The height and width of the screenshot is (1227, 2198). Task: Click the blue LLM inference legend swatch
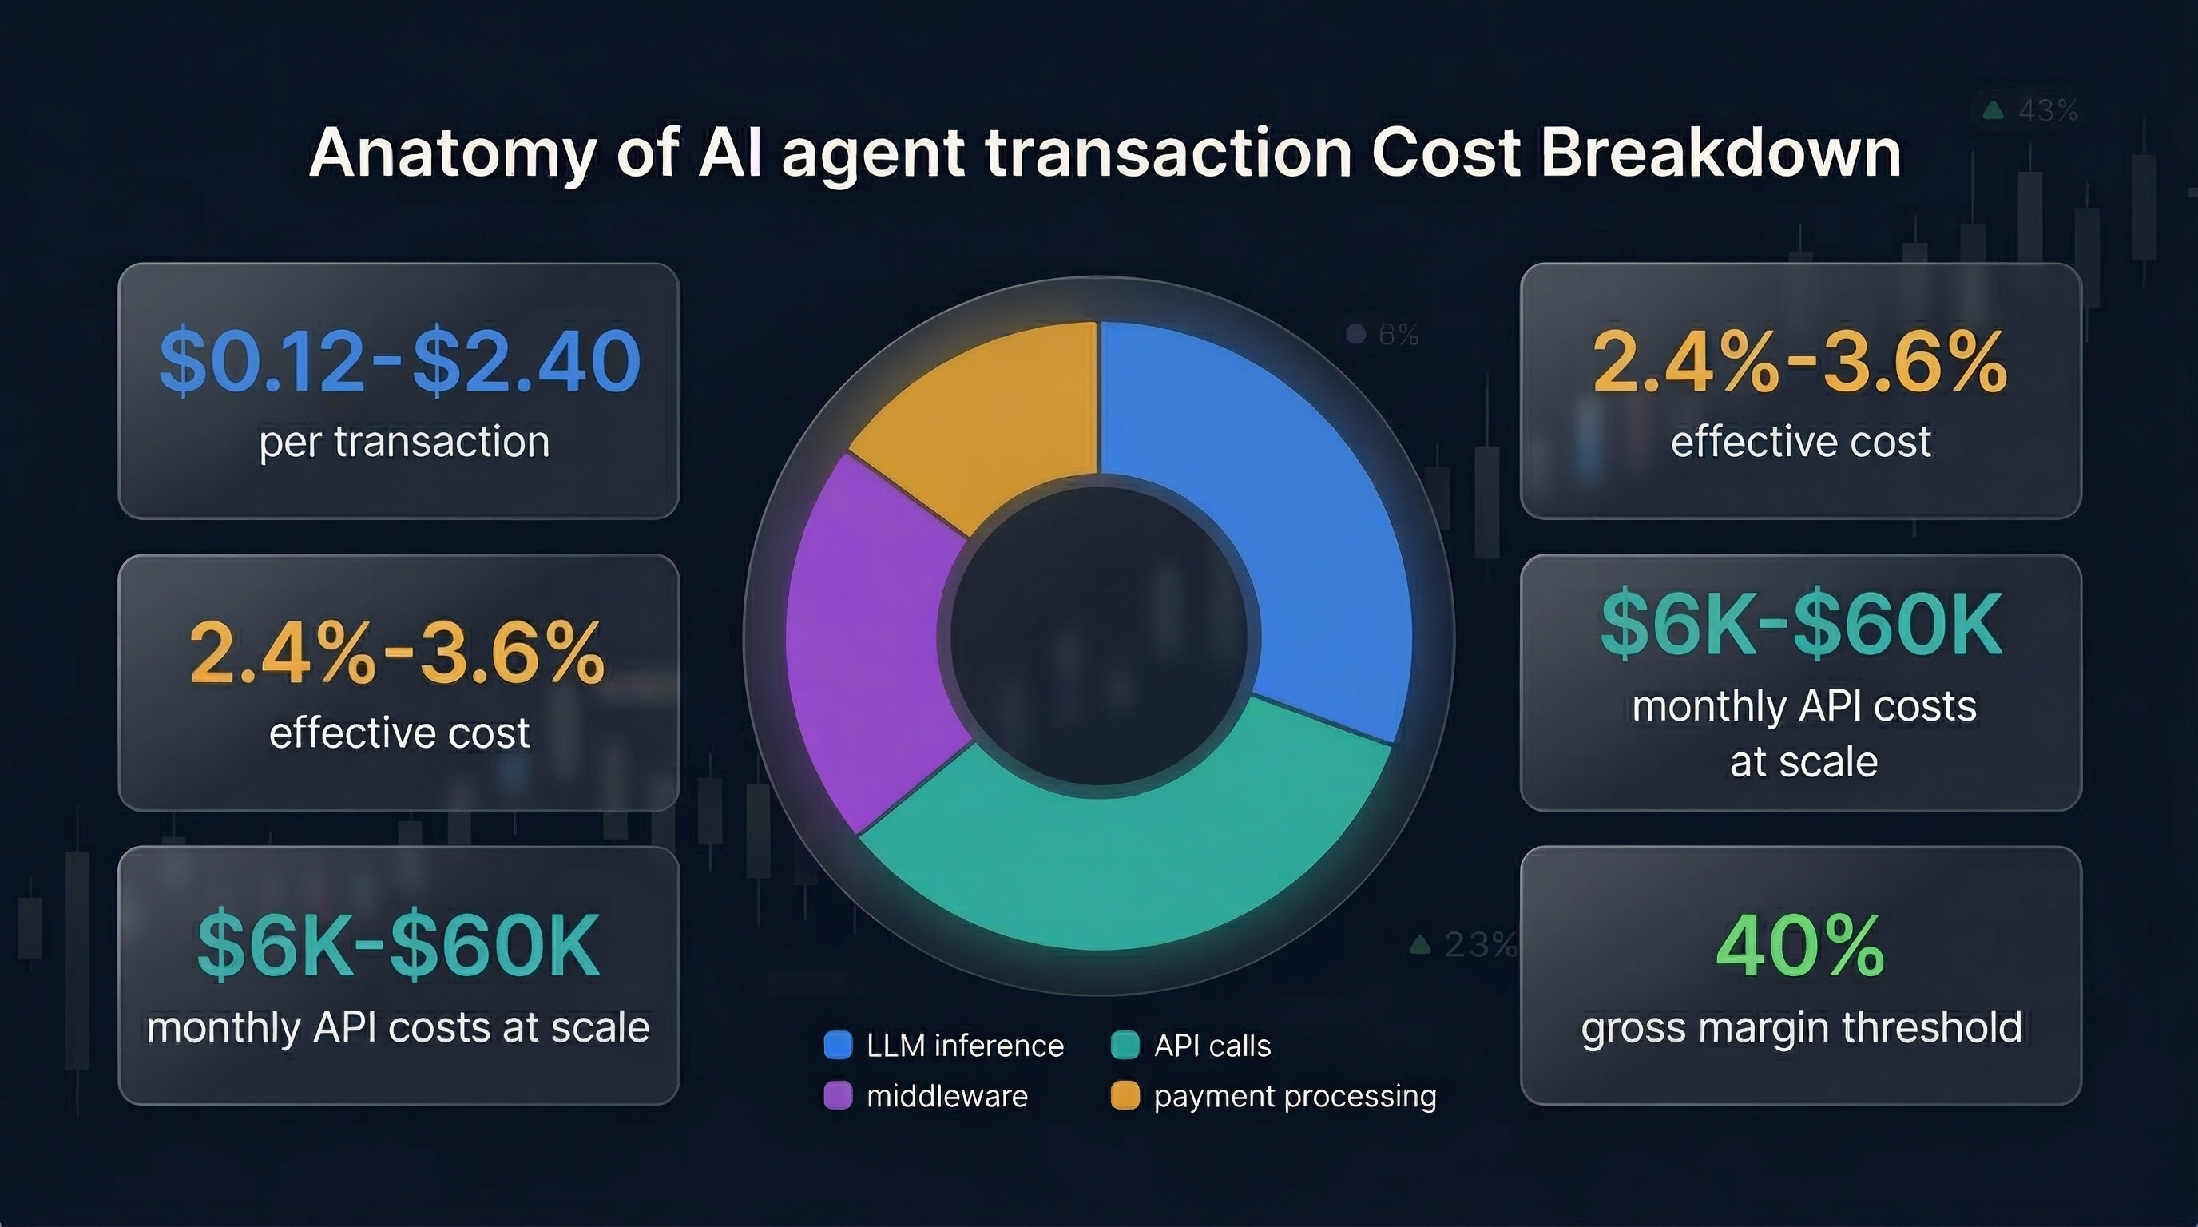pyautogui.click(x=838, y=1045)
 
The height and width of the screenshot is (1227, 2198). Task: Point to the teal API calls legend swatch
pyautogui.click(x=1125, y=1045)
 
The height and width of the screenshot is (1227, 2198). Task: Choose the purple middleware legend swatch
pyautogui.click(x=838, y=1096)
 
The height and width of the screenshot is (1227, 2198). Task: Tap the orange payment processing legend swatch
pyautogui.click(x=1125, y=1096)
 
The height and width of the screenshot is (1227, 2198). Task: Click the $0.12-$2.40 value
pyautogui.click(x=399, y=362)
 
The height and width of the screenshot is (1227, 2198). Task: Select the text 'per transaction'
pyautogui.click(x=404, y=442)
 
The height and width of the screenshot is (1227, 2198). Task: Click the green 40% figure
pyautogui.click(x=1800, y=947)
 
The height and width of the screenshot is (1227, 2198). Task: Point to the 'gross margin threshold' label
pyautogui.click(x=1801, y=1027)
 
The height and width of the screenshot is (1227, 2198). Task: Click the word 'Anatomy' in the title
pyautogui.click(x=452, y=153)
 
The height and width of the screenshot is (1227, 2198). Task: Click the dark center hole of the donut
pyautogui.click(x=1099, y=637)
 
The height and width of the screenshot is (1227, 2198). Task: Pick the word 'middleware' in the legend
pyautogui.click(x=947, y=1096)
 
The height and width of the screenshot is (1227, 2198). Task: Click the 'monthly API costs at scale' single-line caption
pyautogui.click(x=399, y=1027)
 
